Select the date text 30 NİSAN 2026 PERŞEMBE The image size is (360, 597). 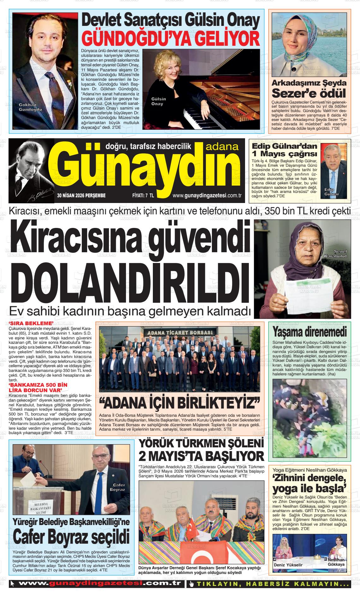81,196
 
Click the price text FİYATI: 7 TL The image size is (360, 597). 143,196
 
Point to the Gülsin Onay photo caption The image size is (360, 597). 159,101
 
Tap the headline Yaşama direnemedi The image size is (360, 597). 309,332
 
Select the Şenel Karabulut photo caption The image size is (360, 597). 336,253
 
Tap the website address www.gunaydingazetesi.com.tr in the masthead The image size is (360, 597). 207,196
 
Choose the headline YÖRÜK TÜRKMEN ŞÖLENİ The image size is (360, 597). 201,444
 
